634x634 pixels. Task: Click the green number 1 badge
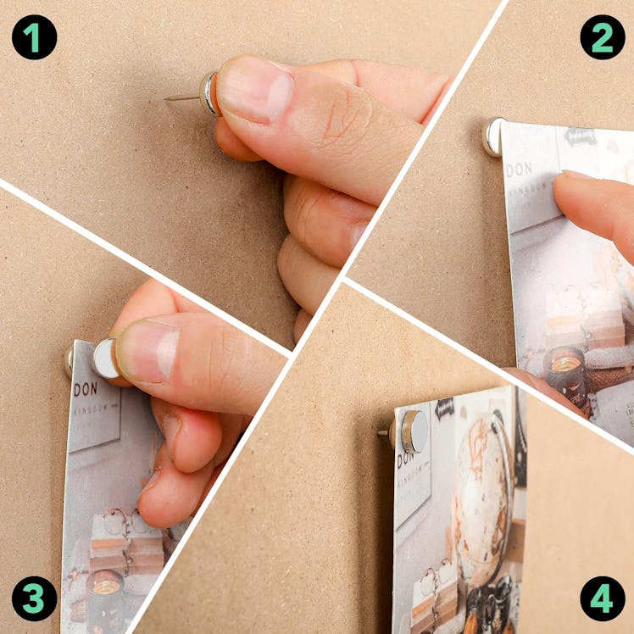(34, 36)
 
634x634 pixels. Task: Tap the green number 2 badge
(602, 36)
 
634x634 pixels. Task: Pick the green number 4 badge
(602, 598)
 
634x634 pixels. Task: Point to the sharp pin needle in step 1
(181, 97)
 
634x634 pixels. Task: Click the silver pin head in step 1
(209, 93)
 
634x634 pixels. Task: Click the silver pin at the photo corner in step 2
(492, 136)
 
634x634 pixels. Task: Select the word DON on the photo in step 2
(519, 170)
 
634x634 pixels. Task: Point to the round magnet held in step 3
(106, 358)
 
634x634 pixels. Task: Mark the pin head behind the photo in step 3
(69, 360)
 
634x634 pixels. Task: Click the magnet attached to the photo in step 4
(414, 431)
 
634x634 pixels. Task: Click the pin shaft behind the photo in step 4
(383, 432)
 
